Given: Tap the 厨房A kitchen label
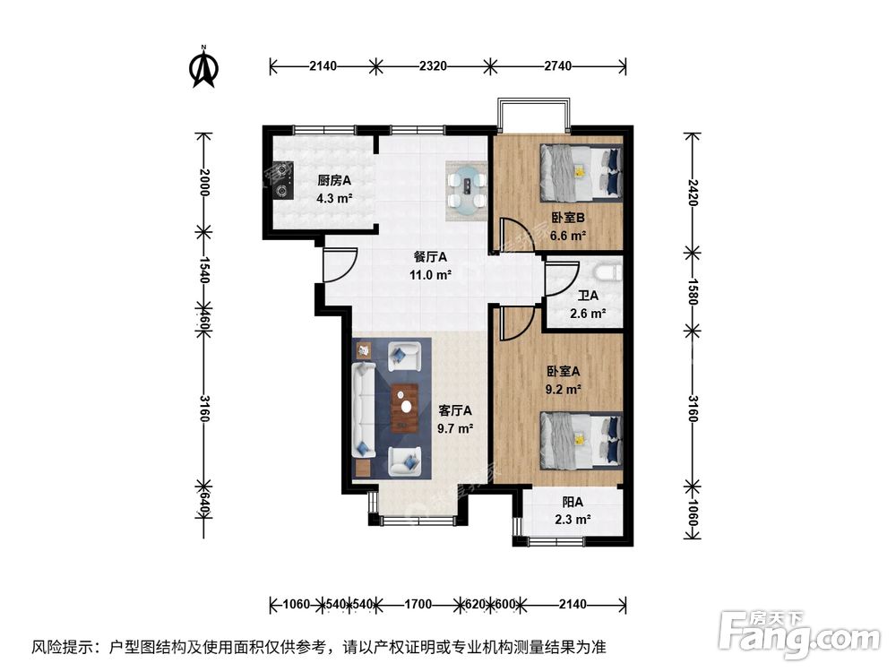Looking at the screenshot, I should [x=334, y=180].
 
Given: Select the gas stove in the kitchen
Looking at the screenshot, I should [x=284, y=177].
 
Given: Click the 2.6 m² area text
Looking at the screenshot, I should [x=588, y=314].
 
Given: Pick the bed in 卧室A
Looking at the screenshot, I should [x=580, y=440].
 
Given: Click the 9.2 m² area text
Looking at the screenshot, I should [x=564, y=390].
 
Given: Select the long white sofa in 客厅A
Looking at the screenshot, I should [x=363, y=409].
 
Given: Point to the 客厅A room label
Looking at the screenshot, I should [x=454, y=410].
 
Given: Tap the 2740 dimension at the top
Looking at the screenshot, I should [x=556, y=66].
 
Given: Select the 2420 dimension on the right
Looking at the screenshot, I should [x=691, y=192].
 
